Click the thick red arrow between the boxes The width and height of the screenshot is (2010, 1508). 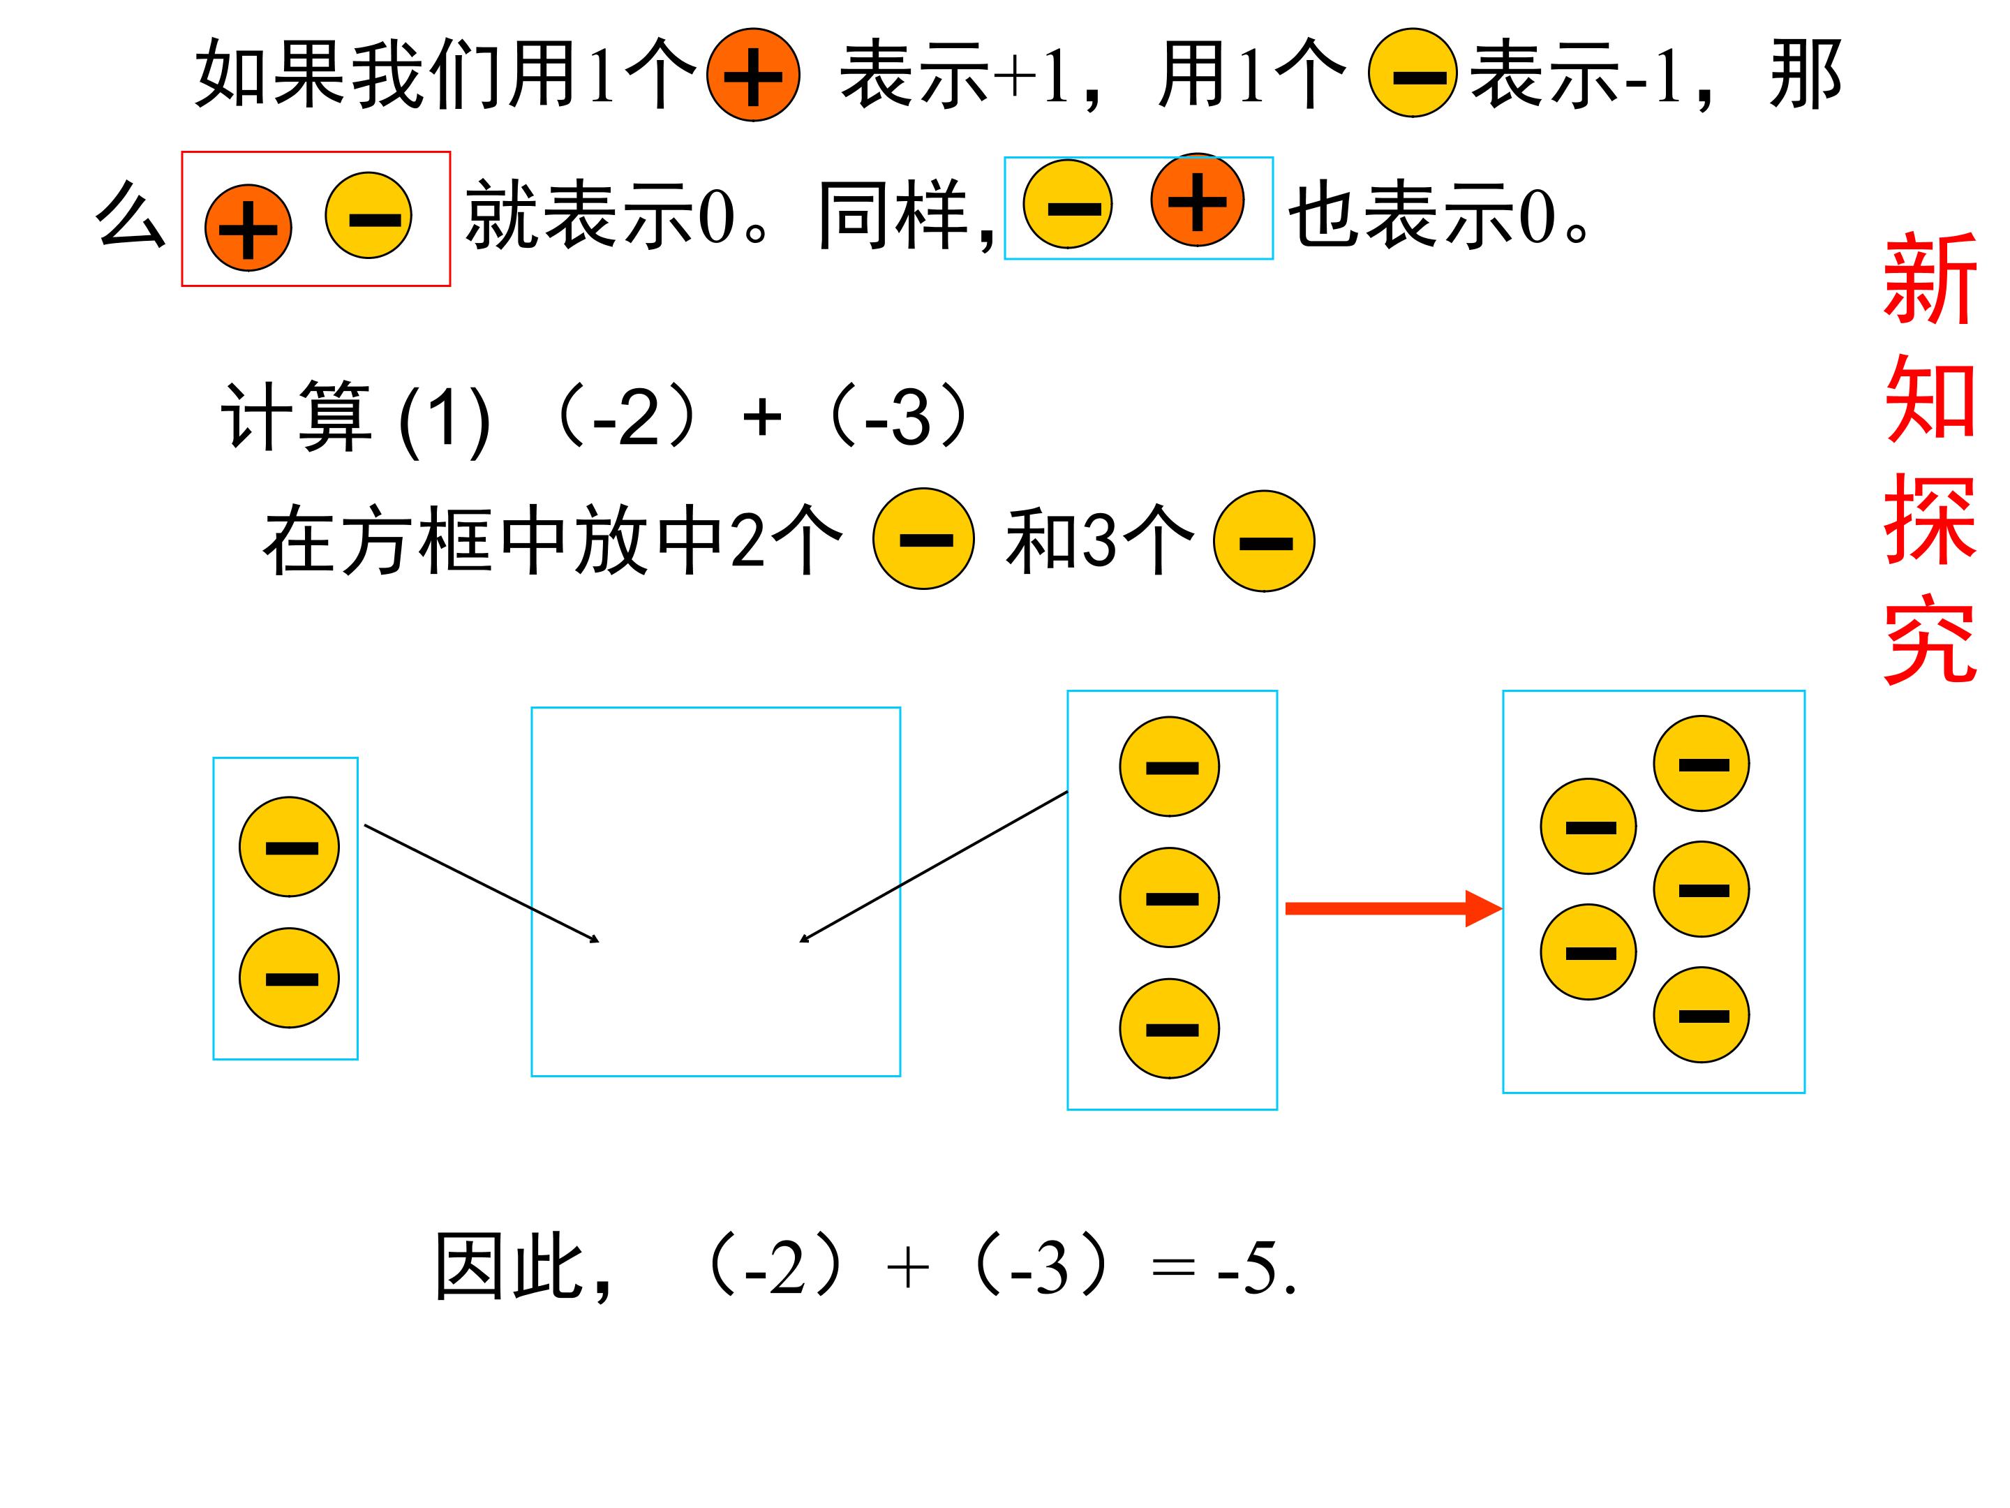1393,908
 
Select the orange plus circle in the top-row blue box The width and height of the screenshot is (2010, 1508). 1197,200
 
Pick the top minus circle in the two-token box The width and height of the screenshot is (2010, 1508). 289,847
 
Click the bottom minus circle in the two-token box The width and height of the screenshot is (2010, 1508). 289,978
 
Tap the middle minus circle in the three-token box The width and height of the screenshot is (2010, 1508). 1170,898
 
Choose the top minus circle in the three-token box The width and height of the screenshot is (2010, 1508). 1170,767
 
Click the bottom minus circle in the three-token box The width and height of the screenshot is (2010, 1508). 1170,1029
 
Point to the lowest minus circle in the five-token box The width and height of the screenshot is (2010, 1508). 1701,1014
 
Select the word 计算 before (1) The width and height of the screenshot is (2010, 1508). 296,416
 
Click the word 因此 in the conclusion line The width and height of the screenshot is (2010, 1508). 509,1267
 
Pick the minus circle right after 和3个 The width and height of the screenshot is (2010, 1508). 1264,542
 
